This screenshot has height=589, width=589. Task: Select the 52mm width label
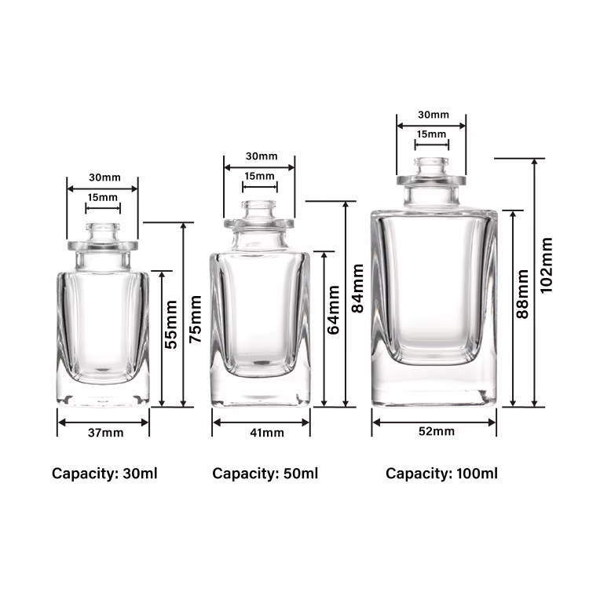[x=437, y=431]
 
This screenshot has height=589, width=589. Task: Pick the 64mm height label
[x=334, y=315]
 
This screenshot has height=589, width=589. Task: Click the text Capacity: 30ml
[x=105, y=474]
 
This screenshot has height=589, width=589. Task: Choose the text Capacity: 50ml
[x=265, y=474]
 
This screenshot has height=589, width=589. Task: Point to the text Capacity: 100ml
[x=441, y=474]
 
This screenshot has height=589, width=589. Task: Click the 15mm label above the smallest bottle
[x=102, y=197]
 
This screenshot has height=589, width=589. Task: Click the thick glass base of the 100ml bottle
[x=434, y=386]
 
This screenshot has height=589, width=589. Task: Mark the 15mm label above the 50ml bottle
[x=259, y=177]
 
